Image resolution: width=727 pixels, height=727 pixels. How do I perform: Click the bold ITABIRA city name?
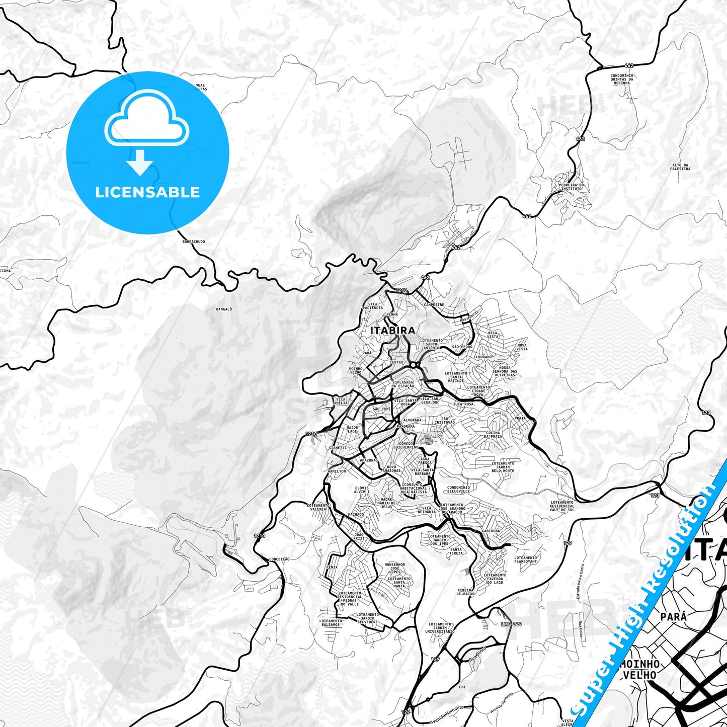393,330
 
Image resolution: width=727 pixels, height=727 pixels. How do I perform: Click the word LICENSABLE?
147,192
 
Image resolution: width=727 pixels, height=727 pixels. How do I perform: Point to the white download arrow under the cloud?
140,161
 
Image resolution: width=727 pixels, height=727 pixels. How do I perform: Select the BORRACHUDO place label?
194,241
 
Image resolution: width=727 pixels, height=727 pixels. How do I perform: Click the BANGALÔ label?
224,309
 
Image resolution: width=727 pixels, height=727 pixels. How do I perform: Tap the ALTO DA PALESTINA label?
680,167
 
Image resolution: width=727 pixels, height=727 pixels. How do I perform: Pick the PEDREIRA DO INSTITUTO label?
571,187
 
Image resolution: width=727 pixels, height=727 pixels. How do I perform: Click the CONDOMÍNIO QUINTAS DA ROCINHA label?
622,79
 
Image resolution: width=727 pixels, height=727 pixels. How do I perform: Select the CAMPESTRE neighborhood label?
434,305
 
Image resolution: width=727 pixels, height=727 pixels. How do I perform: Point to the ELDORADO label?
482,357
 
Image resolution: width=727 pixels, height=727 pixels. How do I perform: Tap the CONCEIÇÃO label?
280,559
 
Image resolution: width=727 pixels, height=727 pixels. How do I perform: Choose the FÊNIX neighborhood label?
332,567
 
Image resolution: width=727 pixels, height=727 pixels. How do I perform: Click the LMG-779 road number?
512,624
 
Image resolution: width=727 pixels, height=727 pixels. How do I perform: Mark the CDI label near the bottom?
462,687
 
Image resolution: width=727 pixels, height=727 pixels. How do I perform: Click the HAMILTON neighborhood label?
337,471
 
